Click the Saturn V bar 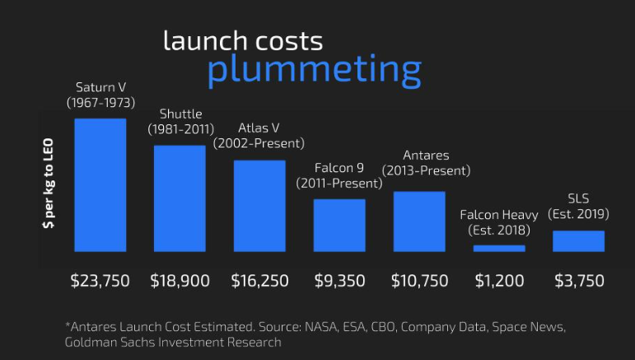pos(100,185)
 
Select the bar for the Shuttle pos(180,199)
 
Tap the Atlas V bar pos(259,206)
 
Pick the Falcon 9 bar pos(339,225)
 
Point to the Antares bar pos(419,222)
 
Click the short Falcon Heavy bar pos(499,248)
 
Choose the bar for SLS pos(578,241)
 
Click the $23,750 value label pos(100,281)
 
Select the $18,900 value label pos(180,281)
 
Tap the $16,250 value pos(259,281)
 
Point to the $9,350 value pos(339,281)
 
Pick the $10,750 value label pos(419,281)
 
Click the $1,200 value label pos(499,281)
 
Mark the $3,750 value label pos(578,281)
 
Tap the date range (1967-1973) pos(100,102)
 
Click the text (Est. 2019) pos(578,214)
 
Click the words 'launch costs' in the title pos(243,40)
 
